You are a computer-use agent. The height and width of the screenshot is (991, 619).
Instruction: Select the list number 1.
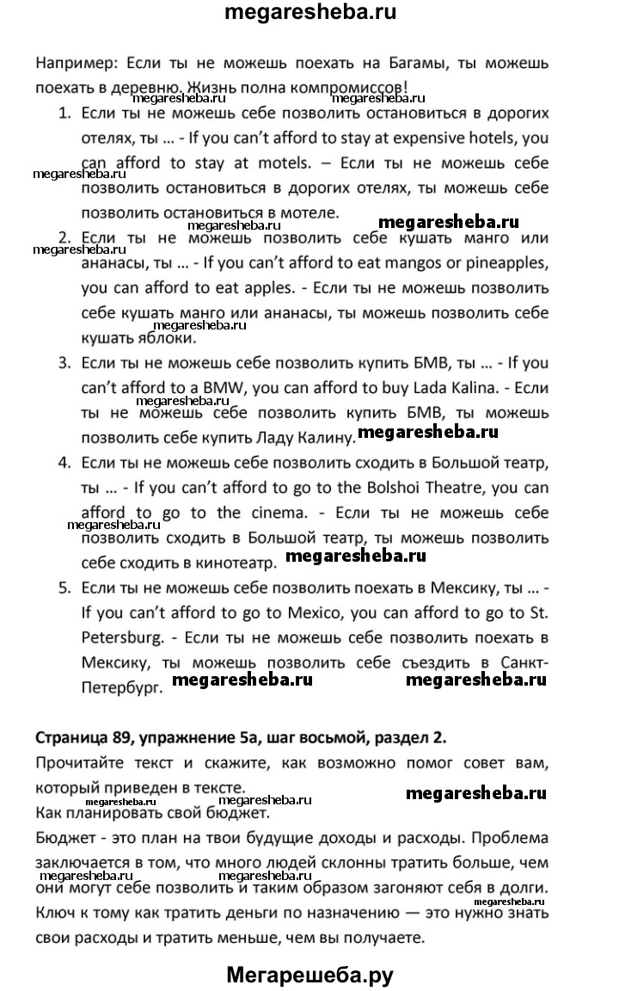coord(63,113)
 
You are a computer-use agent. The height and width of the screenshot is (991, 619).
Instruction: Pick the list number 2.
coord(63,237)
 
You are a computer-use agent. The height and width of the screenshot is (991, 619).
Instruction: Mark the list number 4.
coord(63,463)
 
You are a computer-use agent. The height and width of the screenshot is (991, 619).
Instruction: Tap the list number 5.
coord(63,588)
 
